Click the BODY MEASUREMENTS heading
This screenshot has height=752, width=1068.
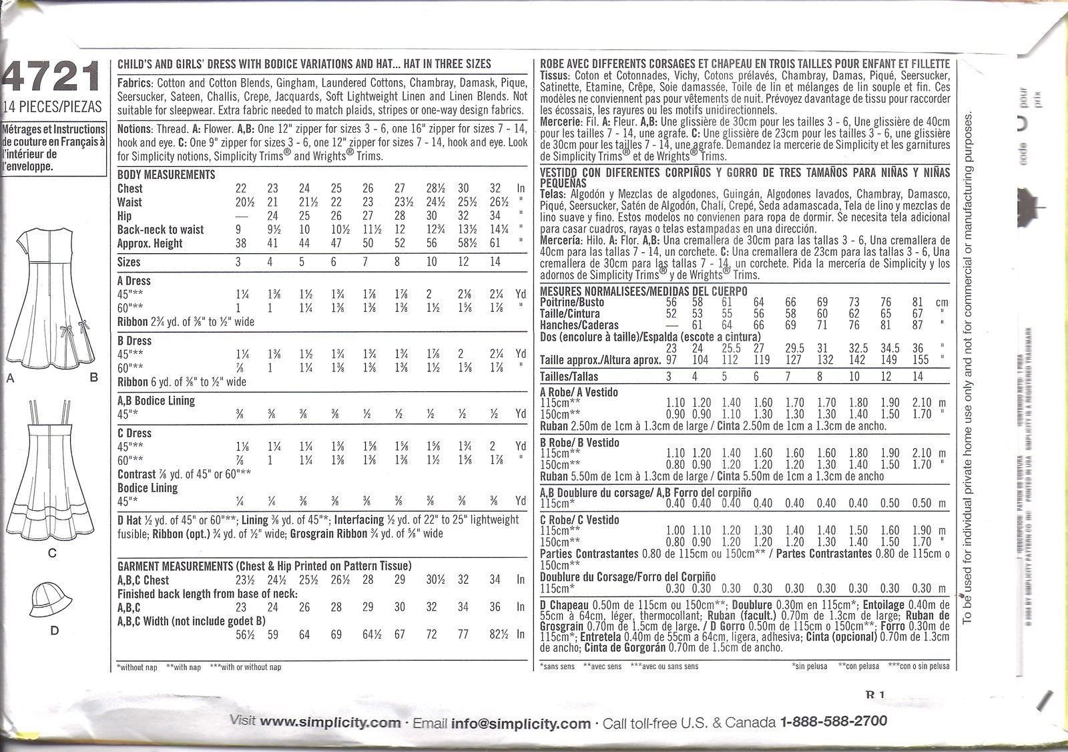point(166,175)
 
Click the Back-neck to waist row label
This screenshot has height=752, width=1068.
point(160,230)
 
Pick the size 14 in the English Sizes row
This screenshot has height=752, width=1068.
point(494,262)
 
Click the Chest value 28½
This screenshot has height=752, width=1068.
point(431,189)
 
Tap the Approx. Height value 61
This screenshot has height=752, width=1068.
point(494,244)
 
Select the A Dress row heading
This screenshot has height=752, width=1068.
point(134,281)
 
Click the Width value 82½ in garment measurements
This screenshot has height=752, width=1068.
point(495,634)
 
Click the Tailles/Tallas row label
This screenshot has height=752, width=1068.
point(569,377)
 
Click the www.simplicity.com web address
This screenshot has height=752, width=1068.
point(330,722)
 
